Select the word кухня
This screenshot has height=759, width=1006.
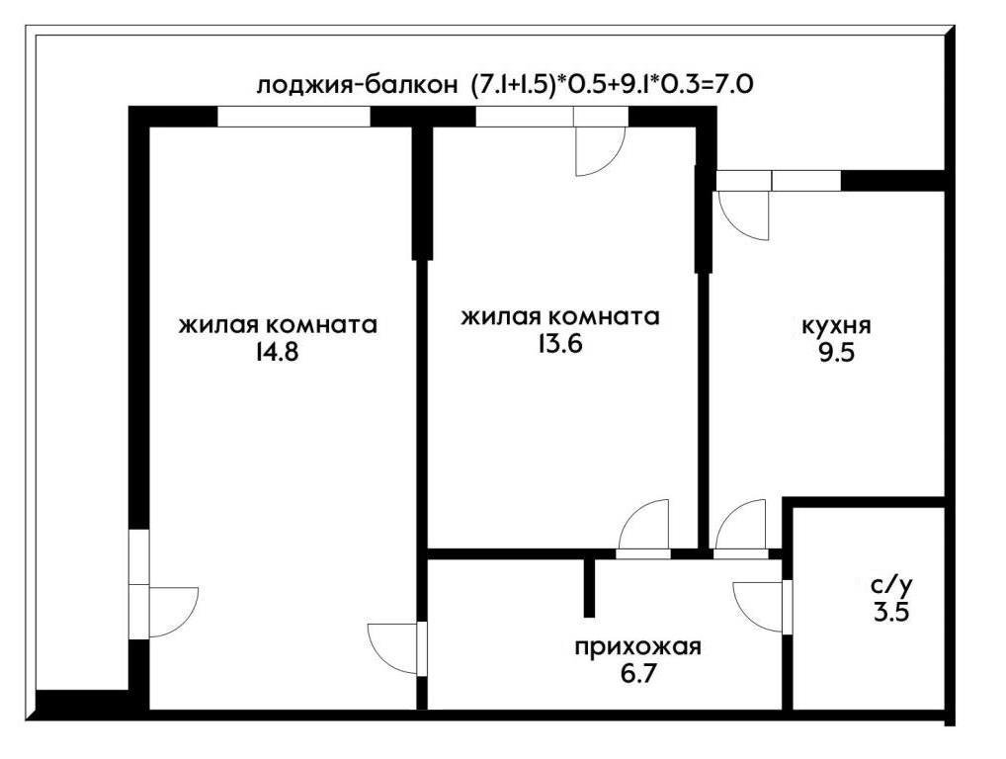[x=836, y=325]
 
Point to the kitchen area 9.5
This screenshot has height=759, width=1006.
[x=836, y=353]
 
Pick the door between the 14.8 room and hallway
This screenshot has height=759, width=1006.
[x=394, y=647]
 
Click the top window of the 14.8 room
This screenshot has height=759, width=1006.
[x=293, y=117]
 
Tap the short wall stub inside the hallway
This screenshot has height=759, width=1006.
[x=590, y=586]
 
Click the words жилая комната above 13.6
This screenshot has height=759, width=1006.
[x=560, y=316]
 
